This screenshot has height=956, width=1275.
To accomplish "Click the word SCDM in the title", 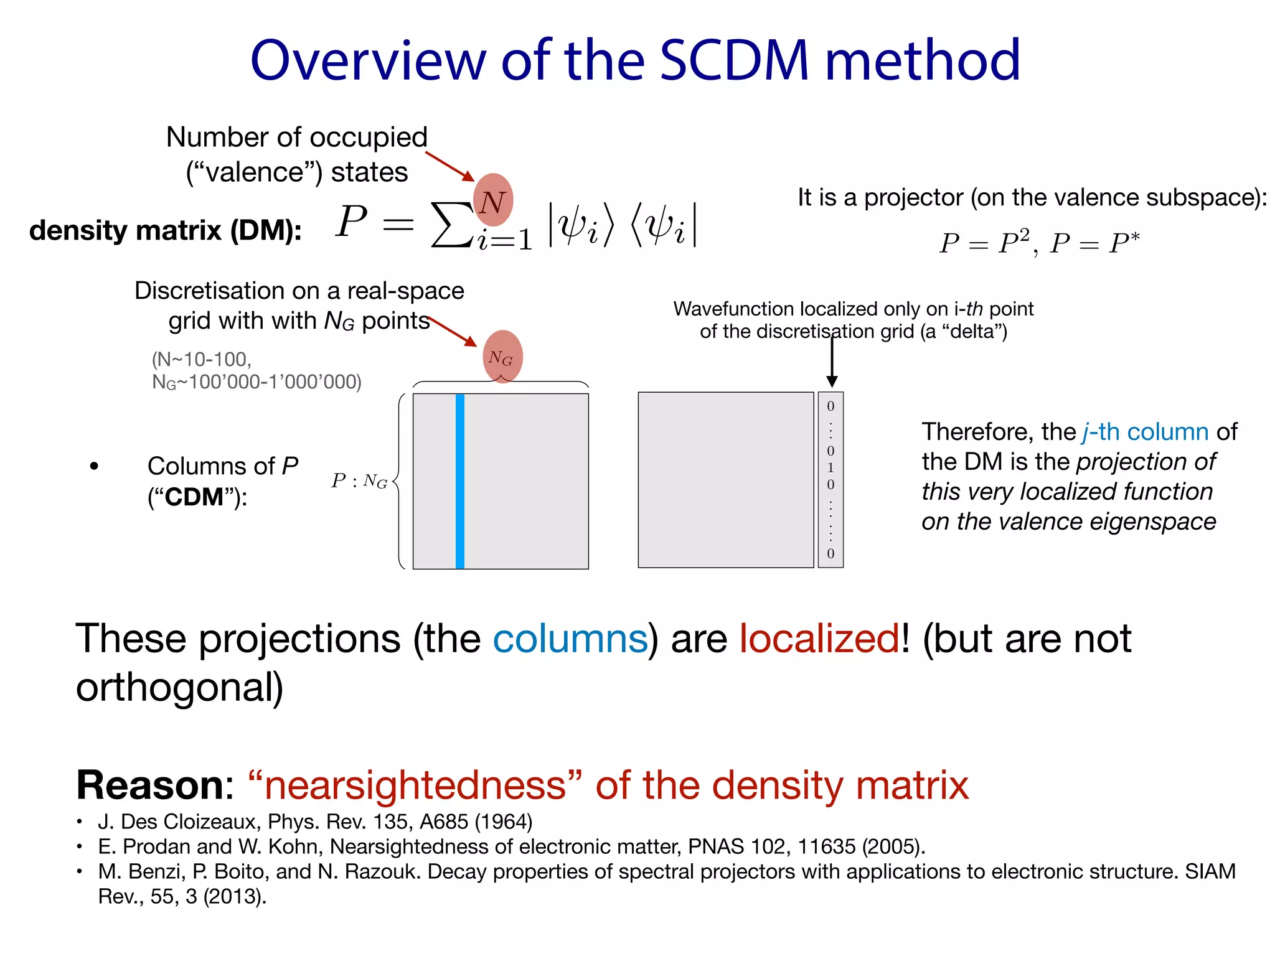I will [735, 60].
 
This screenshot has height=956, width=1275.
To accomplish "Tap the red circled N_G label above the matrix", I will [502, 357].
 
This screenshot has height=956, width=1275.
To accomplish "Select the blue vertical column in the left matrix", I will [460, 481].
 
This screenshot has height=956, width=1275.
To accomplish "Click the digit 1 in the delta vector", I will [830, 467].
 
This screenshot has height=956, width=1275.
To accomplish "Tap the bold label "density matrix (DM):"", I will [166, 231].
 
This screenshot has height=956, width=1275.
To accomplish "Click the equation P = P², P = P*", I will [1039, 243].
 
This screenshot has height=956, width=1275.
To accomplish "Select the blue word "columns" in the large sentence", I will [570, 639].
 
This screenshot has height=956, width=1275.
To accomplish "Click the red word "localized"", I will [819, 639].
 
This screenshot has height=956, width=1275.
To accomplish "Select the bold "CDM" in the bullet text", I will [194, 497].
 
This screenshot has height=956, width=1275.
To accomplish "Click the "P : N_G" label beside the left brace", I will [359, 481].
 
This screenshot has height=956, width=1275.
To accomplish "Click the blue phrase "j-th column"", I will [1146, 432].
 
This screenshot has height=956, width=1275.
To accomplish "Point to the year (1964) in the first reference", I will [504, 822].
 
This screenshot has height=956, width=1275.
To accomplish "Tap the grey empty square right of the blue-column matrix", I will [725, 480].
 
